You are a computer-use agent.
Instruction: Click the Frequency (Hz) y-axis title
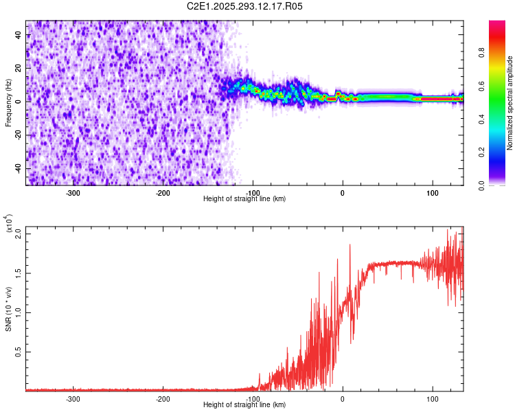pos(9,103)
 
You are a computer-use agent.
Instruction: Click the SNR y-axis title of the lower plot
pos(9,309)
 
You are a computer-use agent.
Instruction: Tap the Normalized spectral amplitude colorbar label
pos(510,103)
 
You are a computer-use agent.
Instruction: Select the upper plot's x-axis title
pos(244,198)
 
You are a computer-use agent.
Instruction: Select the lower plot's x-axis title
pos(244,404)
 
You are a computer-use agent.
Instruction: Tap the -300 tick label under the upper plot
pos(73,193)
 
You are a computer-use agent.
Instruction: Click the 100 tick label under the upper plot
pos(433,193)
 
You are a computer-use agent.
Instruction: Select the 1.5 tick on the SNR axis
pos(18,273)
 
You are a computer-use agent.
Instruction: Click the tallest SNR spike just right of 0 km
pos(350,245)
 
